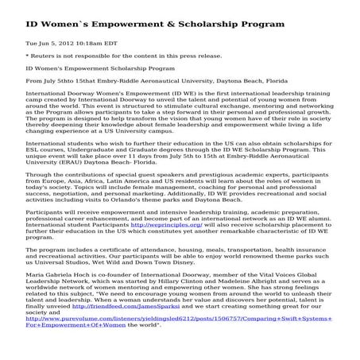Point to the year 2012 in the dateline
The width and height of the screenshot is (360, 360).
tap(55, 42)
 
